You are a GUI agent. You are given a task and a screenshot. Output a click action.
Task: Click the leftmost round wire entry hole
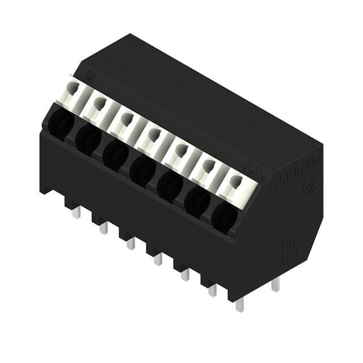(59, 123)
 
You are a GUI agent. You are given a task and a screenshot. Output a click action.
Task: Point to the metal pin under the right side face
(275, 285)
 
